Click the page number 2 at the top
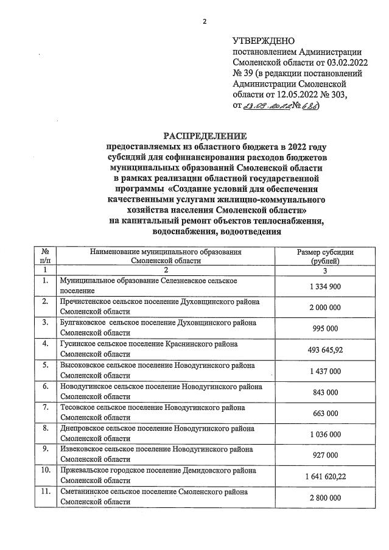tap(205, 22)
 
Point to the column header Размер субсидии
tap(325, 252)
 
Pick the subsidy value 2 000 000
tap(325, 308)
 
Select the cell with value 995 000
tap(325, 328)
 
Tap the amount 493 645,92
tap(325, 350)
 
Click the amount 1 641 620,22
tap(325, 476)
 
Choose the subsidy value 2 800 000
tap(325, 498)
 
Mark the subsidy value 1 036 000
tap(325, 434)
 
